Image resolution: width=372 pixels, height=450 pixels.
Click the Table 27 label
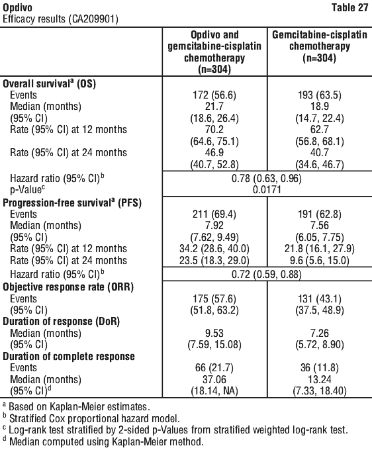coord(349,7)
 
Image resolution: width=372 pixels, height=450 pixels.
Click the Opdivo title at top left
coord(17,8)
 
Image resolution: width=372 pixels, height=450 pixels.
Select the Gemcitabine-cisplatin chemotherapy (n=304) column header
coord(320,46)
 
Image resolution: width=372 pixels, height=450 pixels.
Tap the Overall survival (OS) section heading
coord(49,83)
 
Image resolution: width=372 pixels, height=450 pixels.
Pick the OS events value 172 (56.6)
coord(214,95)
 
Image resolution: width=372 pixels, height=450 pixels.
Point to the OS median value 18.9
coord(320,106)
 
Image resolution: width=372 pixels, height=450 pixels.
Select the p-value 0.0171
coord(267,190)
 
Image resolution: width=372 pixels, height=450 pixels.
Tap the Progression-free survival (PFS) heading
coord(72,203)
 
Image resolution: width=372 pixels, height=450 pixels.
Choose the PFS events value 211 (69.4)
coord(214,214)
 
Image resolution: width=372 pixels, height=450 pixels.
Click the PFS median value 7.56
coord(320,226)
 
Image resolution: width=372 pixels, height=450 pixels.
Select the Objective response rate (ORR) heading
coord(68,287)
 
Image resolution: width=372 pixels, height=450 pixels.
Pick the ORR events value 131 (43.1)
coord(320,299)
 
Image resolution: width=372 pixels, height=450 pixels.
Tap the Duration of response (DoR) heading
coord(61,322)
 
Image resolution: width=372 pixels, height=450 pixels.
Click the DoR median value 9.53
coord(214,333)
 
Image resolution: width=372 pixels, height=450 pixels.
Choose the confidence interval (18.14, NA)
coord(214,391)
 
